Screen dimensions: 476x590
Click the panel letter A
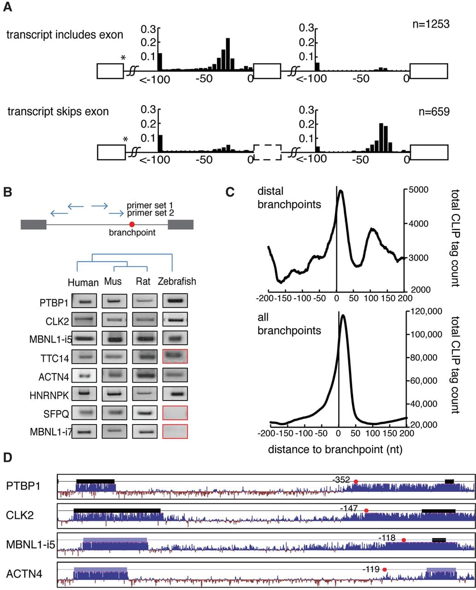(7, 7)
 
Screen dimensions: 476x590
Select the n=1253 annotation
(431, 24)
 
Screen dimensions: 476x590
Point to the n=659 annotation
(434, 112)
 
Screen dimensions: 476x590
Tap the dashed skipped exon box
(267, 152)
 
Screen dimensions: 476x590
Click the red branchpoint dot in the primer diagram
(132, 224)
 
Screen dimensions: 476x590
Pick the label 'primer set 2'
(150, 213)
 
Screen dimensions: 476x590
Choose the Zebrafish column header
(177, 281)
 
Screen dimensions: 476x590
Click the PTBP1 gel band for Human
(84, 301)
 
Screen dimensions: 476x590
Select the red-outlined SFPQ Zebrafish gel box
(175, 413)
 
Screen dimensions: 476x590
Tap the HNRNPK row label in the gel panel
(49, 395)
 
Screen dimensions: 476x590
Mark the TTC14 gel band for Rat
(145, 356)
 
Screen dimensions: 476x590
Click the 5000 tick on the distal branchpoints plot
(418, 190)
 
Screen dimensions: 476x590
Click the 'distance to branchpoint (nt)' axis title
(335, 449)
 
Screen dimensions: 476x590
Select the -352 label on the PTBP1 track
(341, 479)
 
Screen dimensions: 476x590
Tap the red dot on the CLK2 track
(366, 511)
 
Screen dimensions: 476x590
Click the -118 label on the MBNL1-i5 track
(387, 537)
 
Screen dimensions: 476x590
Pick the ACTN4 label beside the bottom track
(24, 574)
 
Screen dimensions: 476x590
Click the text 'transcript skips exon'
(58, 112)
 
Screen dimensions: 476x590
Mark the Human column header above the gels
(83, 282)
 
